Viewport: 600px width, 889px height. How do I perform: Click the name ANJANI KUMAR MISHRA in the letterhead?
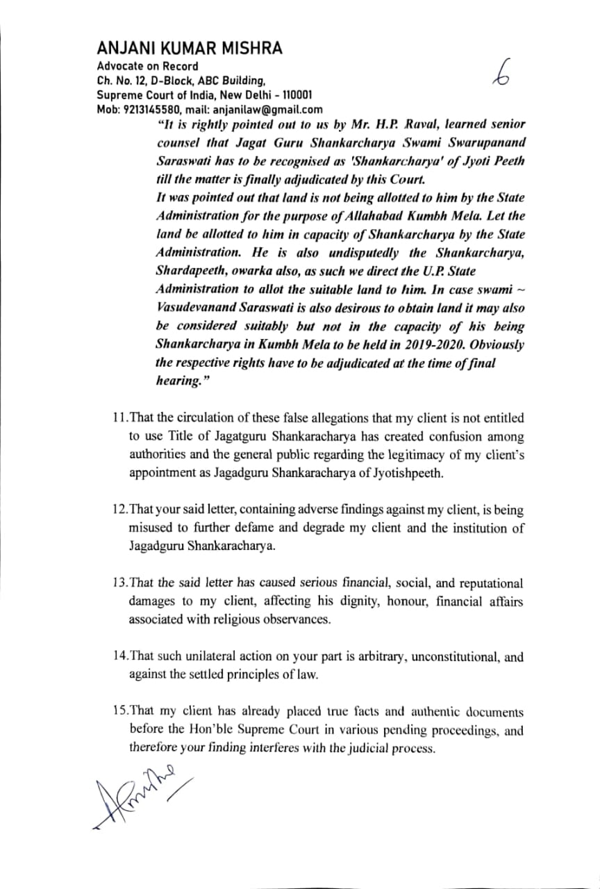click(190, 48)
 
